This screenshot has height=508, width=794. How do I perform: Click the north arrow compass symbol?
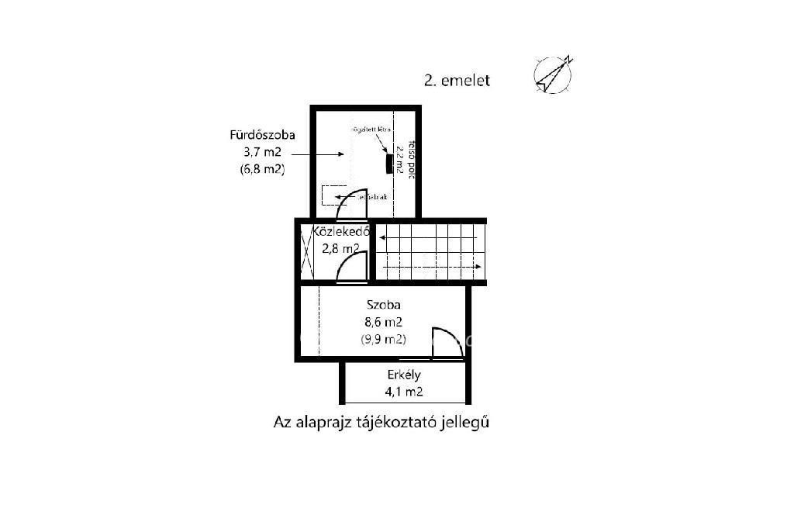point(554,74)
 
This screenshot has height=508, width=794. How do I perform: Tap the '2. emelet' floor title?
point(457,80)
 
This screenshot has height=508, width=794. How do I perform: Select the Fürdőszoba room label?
point(263,135)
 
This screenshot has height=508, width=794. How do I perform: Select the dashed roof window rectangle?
point(335,195)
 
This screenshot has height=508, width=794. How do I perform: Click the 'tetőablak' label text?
point(371,197)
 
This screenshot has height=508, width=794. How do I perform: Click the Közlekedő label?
point(340,232)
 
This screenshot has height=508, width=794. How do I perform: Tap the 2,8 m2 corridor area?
point(340,249)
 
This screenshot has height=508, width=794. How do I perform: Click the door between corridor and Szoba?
point(352,267)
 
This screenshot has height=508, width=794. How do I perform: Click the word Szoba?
point(383,305)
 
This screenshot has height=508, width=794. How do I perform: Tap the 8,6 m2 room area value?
point(383,322)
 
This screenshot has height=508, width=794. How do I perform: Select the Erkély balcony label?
point(404,375)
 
